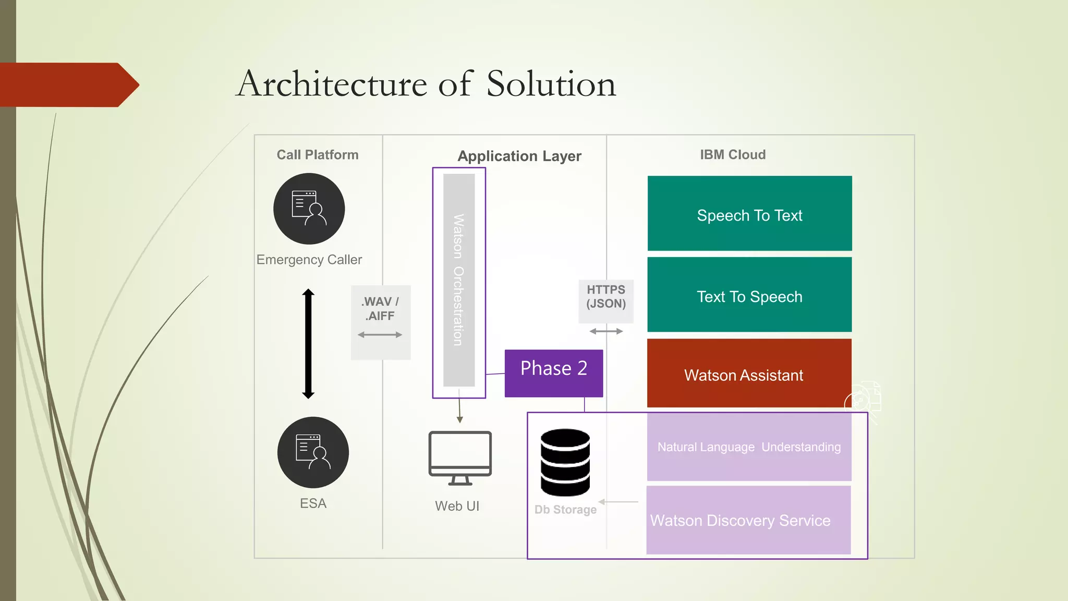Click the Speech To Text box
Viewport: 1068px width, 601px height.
[749, 213]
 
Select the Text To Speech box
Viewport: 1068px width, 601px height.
[749, 295]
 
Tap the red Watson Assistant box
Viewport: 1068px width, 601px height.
[749, 374]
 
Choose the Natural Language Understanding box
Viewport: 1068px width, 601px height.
[749, 447]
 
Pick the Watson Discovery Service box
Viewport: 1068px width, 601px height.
[748, 520]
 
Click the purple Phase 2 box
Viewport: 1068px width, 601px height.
[553, 373]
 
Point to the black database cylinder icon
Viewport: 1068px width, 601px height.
[565, 462]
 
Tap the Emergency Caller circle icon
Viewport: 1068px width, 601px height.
[309, 209]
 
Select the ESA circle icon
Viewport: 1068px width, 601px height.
[313, 452]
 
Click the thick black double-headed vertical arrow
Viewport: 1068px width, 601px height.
[308, 344]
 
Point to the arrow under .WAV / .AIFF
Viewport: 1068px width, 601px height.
[380, 335]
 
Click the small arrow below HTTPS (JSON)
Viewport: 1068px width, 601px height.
[606, 331]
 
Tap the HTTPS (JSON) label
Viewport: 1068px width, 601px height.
[606, 297]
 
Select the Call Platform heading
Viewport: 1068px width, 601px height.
[317, 155]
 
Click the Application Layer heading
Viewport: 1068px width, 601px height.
[519, 156]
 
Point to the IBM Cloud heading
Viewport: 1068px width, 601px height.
[733, 154]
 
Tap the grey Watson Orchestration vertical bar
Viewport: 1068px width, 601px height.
[459, 280]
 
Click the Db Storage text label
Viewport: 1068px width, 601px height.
[565, 510]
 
